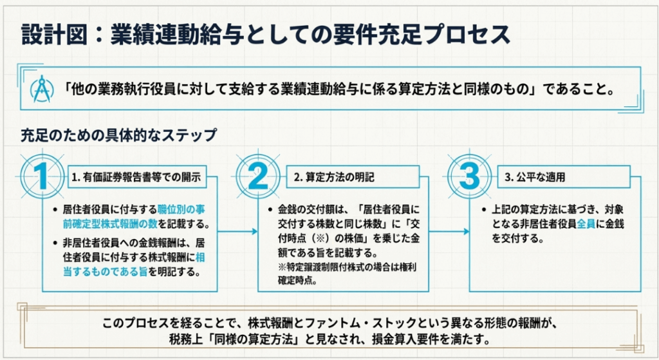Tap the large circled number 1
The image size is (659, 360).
click(x=42, y=176)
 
